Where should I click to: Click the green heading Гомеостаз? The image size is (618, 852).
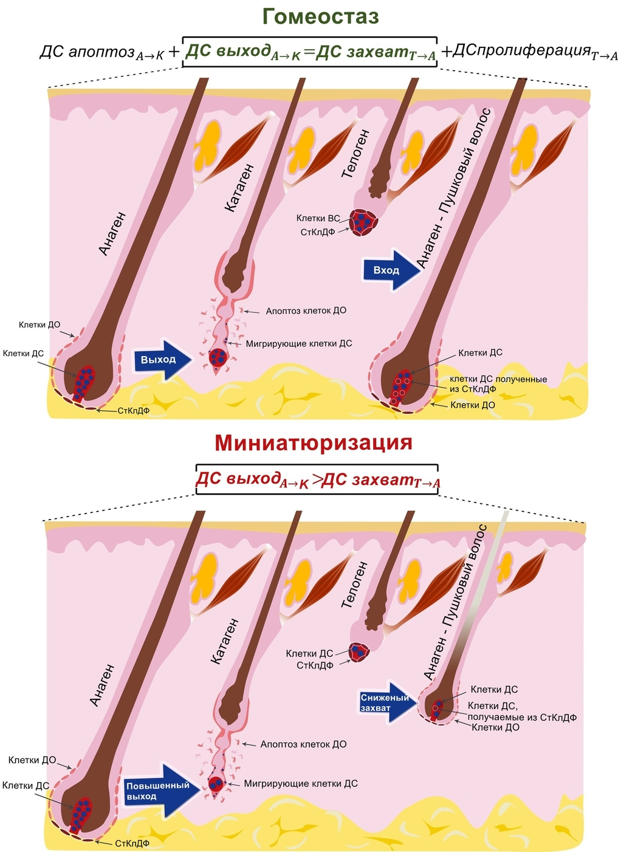[x=320, y=16]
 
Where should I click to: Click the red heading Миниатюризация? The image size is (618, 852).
[x=313, y=442]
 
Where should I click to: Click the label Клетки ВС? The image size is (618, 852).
[x=318, y=218]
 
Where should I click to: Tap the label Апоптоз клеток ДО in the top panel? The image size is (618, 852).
[x=306, y=311]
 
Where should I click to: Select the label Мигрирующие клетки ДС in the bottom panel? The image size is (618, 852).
[x=300, y=784]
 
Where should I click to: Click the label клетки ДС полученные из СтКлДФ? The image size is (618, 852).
[x=498, y=384]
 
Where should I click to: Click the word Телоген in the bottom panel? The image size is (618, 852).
[x=354, y=585]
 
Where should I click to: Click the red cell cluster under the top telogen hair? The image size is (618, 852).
[x=363, y=222]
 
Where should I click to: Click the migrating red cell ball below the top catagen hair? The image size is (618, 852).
[x=218, y=358]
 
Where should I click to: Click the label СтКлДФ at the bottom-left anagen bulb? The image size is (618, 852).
[x=132, y=843]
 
